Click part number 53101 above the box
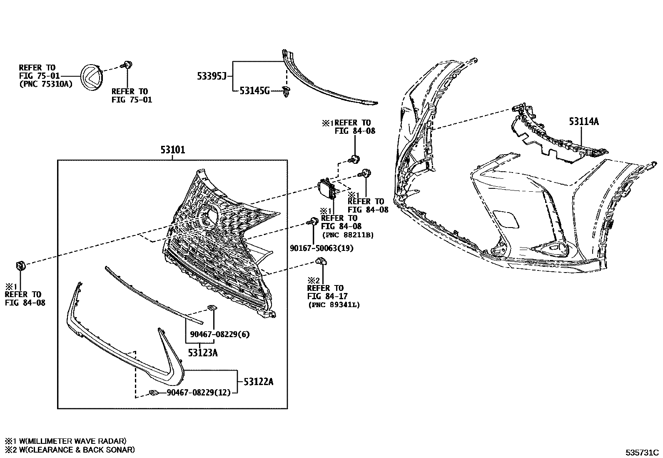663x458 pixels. [x=173, y=150]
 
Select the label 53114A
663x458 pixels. [x=584, y=122]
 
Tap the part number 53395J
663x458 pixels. [x=211, y=76]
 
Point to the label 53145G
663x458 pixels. [x=254, y=90]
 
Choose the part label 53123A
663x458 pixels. [x=202, y=353]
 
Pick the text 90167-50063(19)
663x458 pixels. [x=322, y=249]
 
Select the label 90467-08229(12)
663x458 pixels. [x=199, y=393]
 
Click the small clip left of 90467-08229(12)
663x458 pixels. [x=154, y=392]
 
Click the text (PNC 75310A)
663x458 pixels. [x=46, y=84]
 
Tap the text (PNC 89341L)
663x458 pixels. [x=334, y=305]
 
